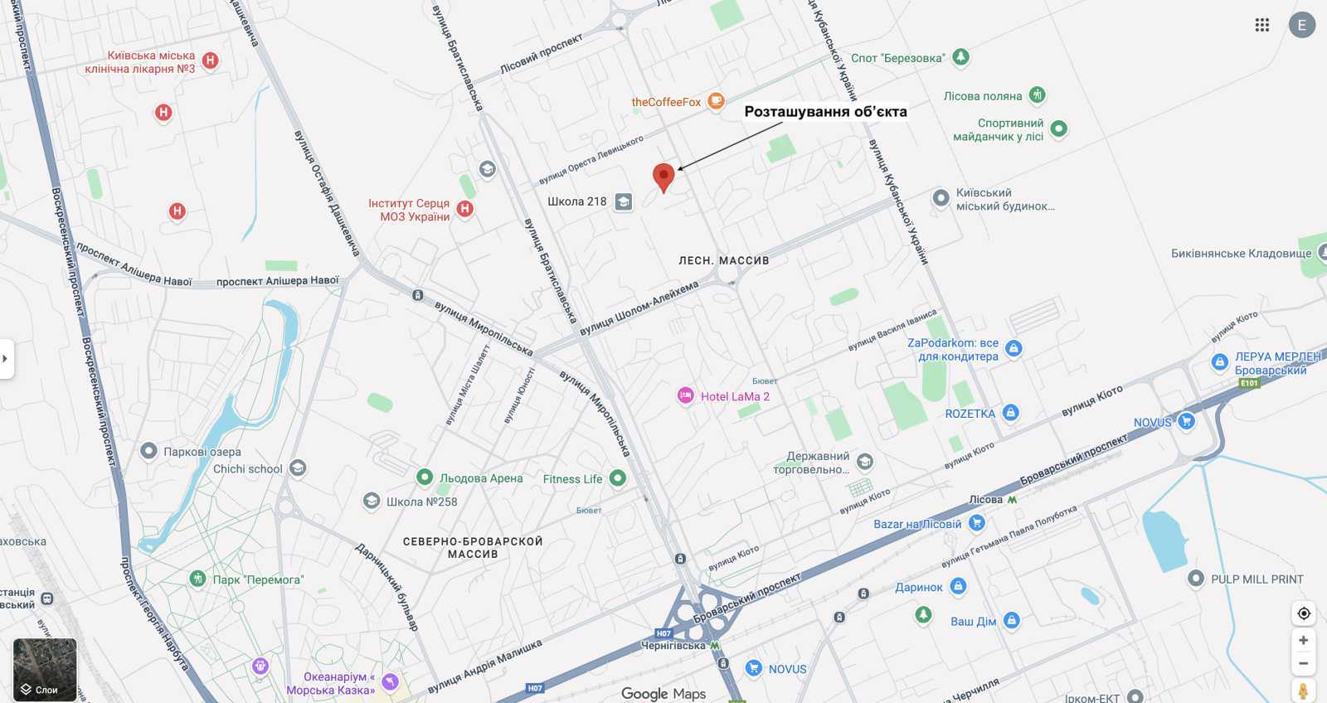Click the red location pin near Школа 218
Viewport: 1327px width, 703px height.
tap(663, 176)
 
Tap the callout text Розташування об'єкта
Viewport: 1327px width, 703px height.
tap(825, 112)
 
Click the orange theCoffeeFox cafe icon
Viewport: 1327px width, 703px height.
tap(716, 101)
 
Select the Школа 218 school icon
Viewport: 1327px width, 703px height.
tap(624, 201)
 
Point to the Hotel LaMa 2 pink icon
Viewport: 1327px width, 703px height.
tap(685, 396)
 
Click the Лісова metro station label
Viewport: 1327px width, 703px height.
tap(986, 500)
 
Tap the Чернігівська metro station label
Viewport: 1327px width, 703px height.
tap(673, 646)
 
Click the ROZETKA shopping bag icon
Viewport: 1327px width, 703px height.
tap(1010, 413)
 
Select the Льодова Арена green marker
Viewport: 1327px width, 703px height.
tap(425, 478)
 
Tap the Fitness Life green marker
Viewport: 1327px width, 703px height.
tap(617, 478)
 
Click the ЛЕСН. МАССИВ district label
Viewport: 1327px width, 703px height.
tap(723, 260)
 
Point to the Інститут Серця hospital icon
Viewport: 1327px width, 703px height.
tap(465, 209)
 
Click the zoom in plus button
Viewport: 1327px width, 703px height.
tap(1303, 640)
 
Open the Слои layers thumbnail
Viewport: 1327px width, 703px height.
tap(45, 670)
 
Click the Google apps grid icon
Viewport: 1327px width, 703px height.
tap(1262, 25)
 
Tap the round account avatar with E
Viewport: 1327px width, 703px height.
tap(1301, 25)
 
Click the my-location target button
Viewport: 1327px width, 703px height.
tap(1303, 613)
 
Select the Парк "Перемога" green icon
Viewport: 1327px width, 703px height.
tap(197, 579)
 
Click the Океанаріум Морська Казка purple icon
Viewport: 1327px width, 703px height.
tap(390, 682)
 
